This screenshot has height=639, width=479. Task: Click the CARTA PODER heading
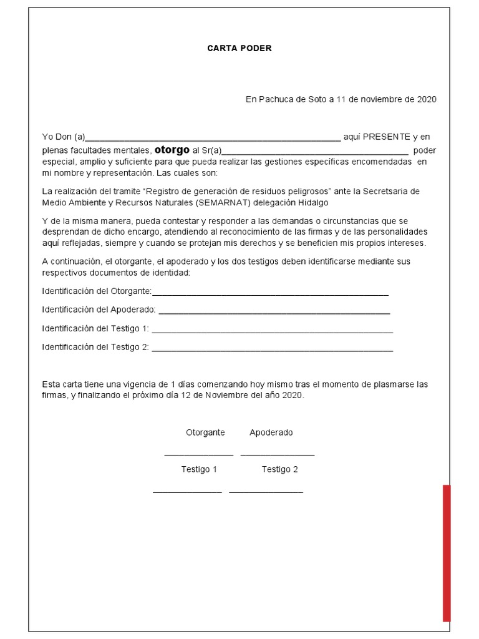(239, 49)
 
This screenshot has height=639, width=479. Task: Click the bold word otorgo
(172, 150)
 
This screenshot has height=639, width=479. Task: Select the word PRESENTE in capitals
(386, 137)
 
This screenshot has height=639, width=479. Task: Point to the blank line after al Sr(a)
(315, 153)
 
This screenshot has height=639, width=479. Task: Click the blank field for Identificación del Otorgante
(270, 294)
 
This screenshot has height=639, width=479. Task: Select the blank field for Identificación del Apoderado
(274, 312)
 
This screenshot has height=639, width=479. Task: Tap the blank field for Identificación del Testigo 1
(272, 331)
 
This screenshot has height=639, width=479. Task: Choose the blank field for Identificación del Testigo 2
(272, 349)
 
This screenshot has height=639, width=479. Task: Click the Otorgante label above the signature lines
(205, 432)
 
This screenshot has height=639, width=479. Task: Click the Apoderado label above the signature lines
(271, 432)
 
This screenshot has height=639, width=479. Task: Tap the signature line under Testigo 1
(188, 492)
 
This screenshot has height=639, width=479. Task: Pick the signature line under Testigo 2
(266, 492)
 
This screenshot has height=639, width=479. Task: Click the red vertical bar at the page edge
(447, 553)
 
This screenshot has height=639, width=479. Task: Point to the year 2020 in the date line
(427, 99)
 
